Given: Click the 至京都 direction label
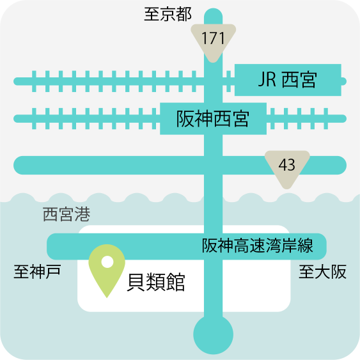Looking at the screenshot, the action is coord(168,14).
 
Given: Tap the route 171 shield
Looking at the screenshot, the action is coord(214,42).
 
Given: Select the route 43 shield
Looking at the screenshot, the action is coord(287,168).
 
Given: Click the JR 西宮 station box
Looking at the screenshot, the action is coord(288,80).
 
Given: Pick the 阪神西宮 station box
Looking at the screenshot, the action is coord(213,118).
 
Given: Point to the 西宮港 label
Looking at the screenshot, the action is coord(67,214).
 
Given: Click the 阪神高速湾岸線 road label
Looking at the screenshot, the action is coord(258,246).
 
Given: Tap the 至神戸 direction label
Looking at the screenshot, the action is coord(38,272).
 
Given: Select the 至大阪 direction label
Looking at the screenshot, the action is coord(322,272).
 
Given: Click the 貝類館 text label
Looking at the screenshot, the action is coord(156,282).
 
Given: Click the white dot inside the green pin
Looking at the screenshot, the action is coord(107,262).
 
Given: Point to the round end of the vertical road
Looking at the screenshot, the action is coord(214,334).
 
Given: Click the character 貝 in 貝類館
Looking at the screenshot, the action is coord(136,282).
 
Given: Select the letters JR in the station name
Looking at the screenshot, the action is coord(267,79).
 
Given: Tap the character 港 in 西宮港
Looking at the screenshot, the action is coord(82,214).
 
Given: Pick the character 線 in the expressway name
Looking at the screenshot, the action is coord(306,246).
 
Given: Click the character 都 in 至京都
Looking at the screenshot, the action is coord(184,14).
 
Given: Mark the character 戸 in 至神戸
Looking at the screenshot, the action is coord(54,272).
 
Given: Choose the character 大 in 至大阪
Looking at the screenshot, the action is coord(322,272).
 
